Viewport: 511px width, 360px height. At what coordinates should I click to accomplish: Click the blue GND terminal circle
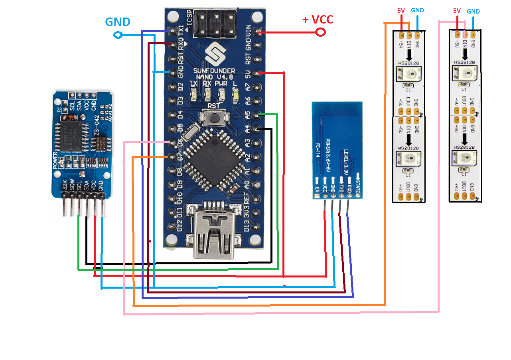click(118, 35)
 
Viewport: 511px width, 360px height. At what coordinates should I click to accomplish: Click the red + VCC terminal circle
click(320, 32)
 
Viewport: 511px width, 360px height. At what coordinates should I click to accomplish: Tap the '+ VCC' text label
click(318, 19)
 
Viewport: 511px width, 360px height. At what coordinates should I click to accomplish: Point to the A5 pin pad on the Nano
click(259, 115)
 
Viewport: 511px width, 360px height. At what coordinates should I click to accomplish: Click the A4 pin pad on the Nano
click(259, 129)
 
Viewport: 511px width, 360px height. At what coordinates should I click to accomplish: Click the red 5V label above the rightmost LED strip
click(457, 11)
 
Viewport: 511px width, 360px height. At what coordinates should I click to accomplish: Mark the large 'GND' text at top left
click(118, 22)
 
